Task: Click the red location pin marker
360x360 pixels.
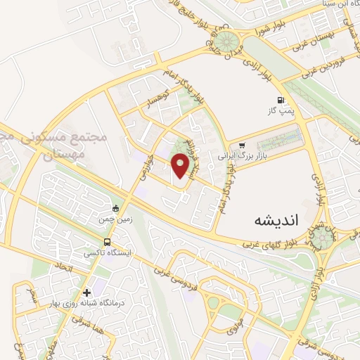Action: click(x=181, y=165)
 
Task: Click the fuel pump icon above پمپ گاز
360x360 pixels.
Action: click(x=282, y=101)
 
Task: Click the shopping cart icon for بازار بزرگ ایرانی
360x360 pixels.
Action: click(x=243, y=146)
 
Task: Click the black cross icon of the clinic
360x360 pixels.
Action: click(x=86, y=292)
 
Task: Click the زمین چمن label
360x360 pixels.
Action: click(x=114, y=219)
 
